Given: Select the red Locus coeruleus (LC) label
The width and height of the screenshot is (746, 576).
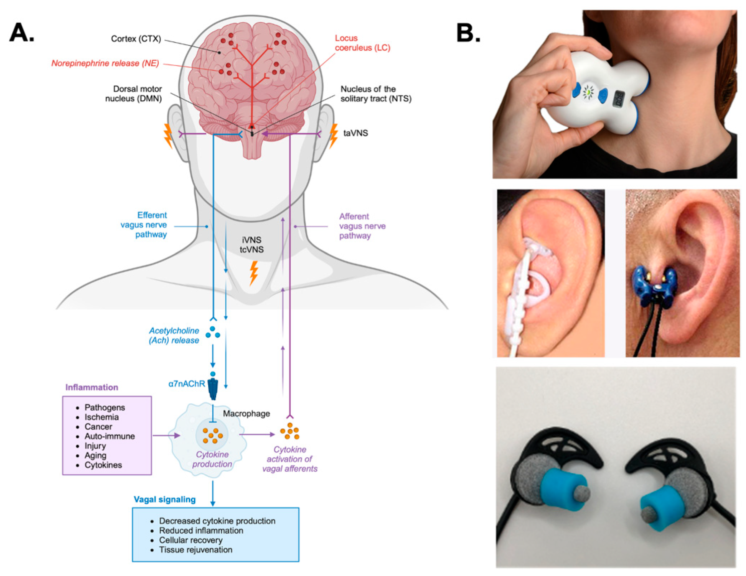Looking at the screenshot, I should tap(362, 43).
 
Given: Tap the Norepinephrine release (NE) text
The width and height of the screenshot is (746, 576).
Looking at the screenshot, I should tap(105, 64).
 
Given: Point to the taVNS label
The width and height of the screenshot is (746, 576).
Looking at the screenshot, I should tap(355, 133).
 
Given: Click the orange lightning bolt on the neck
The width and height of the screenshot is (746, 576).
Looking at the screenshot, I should tap(253, 273).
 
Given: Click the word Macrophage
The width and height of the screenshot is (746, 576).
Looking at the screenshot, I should tap(246, 414).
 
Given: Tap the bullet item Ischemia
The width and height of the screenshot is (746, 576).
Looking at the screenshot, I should tap(101, 417).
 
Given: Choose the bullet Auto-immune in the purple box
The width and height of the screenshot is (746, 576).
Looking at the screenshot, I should tap(109, 436).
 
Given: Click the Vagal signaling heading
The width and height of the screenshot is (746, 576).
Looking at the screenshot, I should tap(165, 500).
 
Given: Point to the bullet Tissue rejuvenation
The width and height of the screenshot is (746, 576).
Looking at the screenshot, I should tap(195, 550).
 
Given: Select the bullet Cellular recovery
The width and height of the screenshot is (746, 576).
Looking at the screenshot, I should tap(191, 540).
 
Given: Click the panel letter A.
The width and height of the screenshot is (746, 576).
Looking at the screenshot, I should tap(22, 33).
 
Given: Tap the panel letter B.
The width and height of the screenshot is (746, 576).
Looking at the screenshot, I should tap(468, 33).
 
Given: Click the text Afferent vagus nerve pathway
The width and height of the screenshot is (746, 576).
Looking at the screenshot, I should tap(362, 226).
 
